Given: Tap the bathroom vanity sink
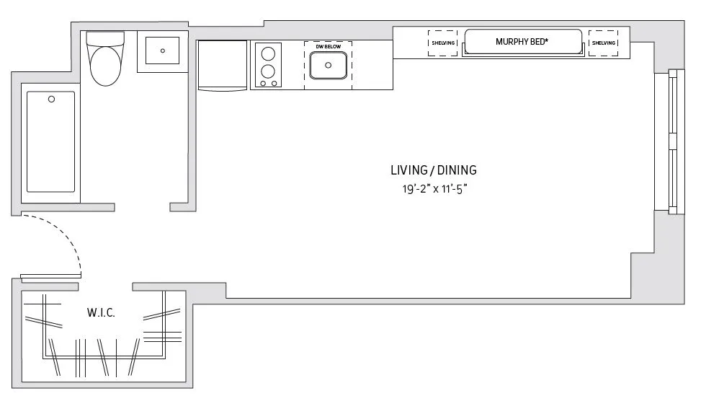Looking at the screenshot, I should (163, 51).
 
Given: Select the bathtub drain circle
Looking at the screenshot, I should (51, 100).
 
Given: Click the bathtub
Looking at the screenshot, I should (50, 141).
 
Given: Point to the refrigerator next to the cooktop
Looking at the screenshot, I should (222, 66).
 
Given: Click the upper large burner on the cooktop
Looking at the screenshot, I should (269, 53).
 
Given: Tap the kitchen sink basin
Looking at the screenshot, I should (329, 66).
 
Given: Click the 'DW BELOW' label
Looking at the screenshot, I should (328, 46).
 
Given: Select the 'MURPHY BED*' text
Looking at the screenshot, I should (522, 41).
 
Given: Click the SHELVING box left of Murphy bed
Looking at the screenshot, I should (442, 43).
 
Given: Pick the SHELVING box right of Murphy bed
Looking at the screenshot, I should (604, 43).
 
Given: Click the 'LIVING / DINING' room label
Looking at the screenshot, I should (433, 171).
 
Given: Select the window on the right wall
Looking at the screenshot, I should (674, 142).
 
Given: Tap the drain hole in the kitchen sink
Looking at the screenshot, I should (329, 65).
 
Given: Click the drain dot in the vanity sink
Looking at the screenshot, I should (163, 51).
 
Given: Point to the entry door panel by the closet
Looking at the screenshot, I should (50, 277).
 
